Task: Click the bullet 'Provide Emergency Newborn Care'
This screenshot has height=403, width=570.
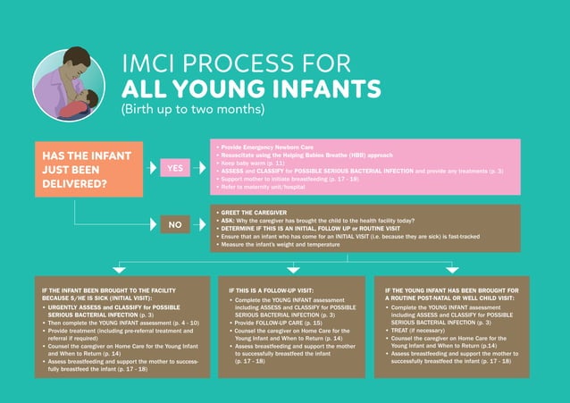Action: (259, 145)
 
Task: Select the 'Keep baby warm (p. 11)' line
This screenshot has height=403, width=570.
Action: (249, 162)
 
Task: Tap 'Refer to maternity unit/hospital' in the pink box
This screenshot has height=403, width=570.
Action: (264, 187)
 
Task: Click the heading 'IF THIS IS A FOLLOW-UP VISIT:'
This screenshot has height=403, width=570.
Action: (273, 290)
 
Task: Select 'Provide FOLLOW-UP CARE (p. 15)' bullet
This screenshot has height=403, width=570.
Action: (277, 321)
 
